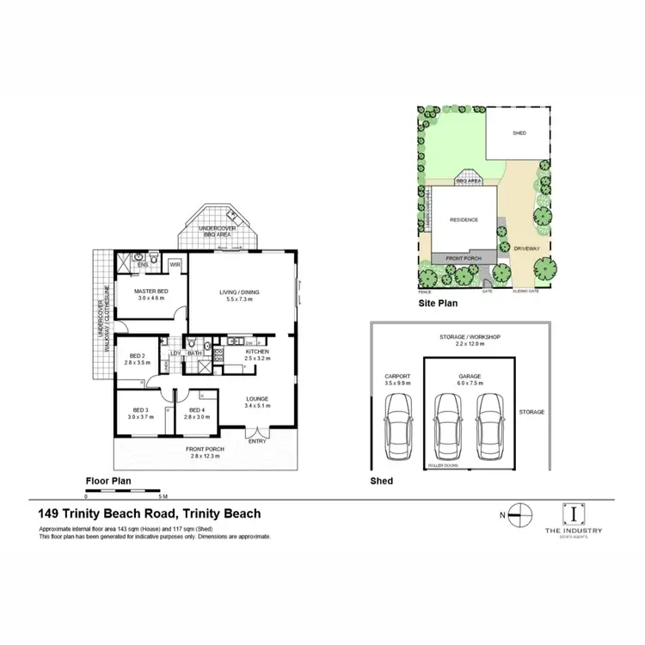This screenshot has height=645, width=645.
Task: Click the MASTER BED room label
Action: point(150,292)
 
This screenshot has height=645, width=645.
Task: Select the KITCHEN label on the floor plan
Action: point(258,353)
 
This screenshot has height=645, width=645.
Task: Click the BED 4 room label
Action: point(196,410)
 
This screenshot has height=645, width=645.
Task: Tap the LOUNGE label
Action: point(257,399)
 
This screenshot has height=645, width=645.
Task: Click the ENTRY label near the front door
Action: point(257,441)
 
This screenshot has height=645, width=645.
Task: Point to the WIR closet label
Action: point(175,265)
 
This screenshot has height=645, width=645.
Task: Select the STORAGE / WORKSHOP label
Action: point(469,337)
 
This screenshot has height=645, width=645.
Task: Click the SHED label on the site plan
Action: point(519,133)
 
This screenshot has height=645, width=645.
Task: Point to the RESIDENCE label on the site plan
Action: point(463,220)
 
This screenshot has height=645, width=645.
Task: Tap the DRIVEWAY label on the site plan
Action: point(525,249)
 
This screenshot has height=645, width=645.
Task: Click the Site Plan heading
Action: point(437,304)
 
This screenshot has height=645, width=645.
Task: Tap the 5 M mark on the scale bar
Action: point(163,497)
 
